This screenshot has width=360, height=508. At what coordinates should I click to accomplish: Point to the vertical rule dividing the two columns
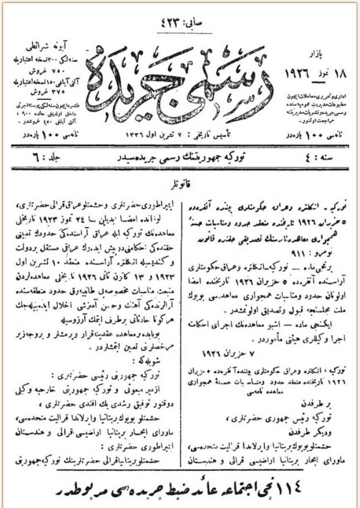pyautogui.click(x=183, y=330)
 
